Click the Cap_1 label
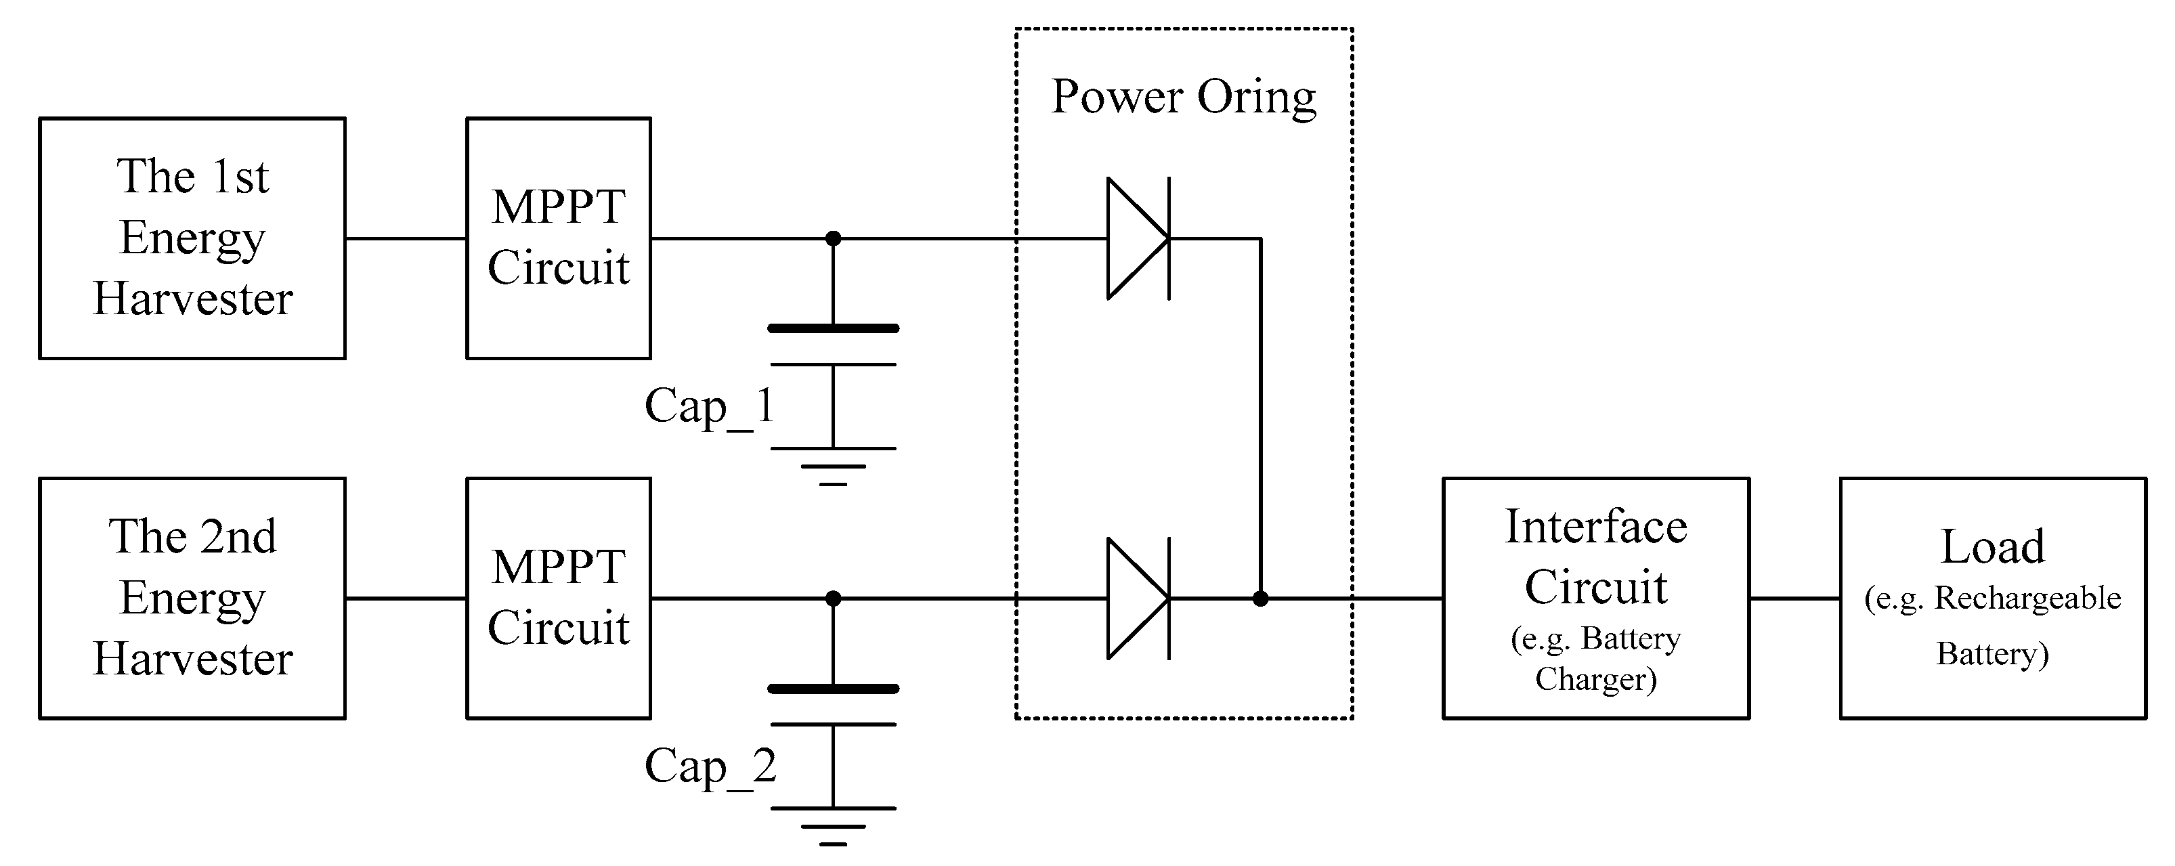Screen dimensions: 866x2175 point(709,407)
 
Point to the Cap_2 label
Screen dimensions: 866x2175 point(709,766)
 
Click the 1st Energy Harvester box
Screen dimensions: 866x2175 point(192,238)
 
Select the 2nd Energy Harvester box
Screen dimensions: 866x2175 point(192,599)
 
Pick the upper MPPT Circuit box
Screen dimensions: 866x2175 point(558,238)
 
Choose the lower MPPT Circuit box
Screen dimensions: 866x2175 point(558,599)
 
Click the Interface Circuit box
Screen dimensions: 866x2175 point(1595,599)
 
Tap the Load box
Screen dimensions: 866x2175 point(1993,599)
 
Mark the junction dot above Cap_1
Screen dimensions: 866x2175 point(832,239)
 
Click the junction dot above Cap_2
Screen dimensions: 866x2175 point(832,599)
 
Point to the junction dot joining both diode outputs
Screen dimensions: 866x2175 point(1259,599)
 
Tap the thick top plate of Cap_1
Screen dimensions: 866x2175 point(832,328)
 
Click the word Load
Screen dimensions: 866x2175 point(1993,547)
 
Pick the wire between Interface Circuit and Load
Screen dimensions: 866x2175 point(1794,599)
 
